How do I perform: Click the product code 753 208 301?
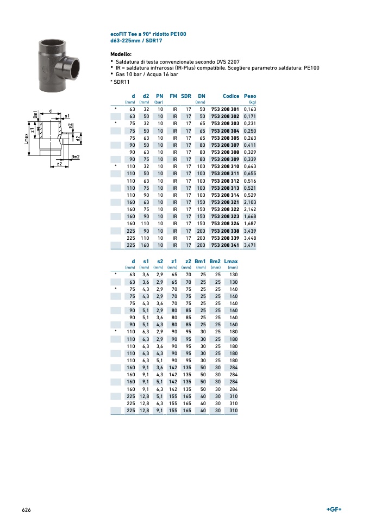point(225,109)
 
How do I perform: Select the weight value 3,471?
point(250,245)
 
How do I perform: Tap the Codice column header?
point(231,96)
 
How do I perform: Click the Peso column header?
point(250,96)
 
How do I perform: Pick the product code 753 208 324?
point(225,223)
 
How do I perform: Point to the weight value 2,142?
point(250,209)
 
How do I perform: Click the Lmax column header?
point(231,262)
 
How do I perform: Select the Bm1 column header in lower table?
point(200,262)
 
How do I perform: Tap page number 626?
point(26,510)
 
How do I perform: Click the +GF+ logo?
point(334,509)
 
